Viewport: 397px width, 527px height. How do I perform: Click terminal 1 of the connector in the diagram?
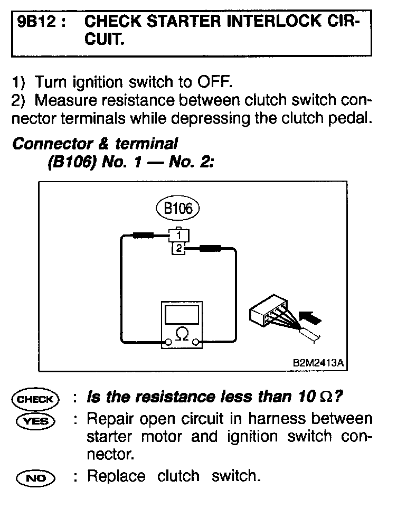tap(179, 234)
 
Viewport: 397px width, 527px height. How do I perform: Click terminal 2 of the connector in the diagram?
tap(179, 248)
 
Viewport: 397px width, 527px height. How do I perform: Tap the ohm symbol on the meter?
tap(182, 335)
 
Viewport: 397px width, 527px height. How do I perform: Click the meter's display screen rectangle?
tap(182, 314)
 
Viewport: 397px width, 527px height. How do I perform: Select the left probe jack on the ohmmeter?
tap(167, 343)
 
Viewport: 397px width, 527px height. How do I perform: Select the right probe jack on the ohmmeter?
tap(196, 343)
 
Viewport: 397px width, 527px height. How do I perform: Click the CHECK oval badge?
tap(35, 399)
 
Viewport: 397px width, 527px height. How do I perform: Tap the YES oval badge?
tap(35, 421)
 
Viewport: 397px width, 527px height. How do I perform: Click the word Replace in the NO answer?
tap(116, 477)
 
